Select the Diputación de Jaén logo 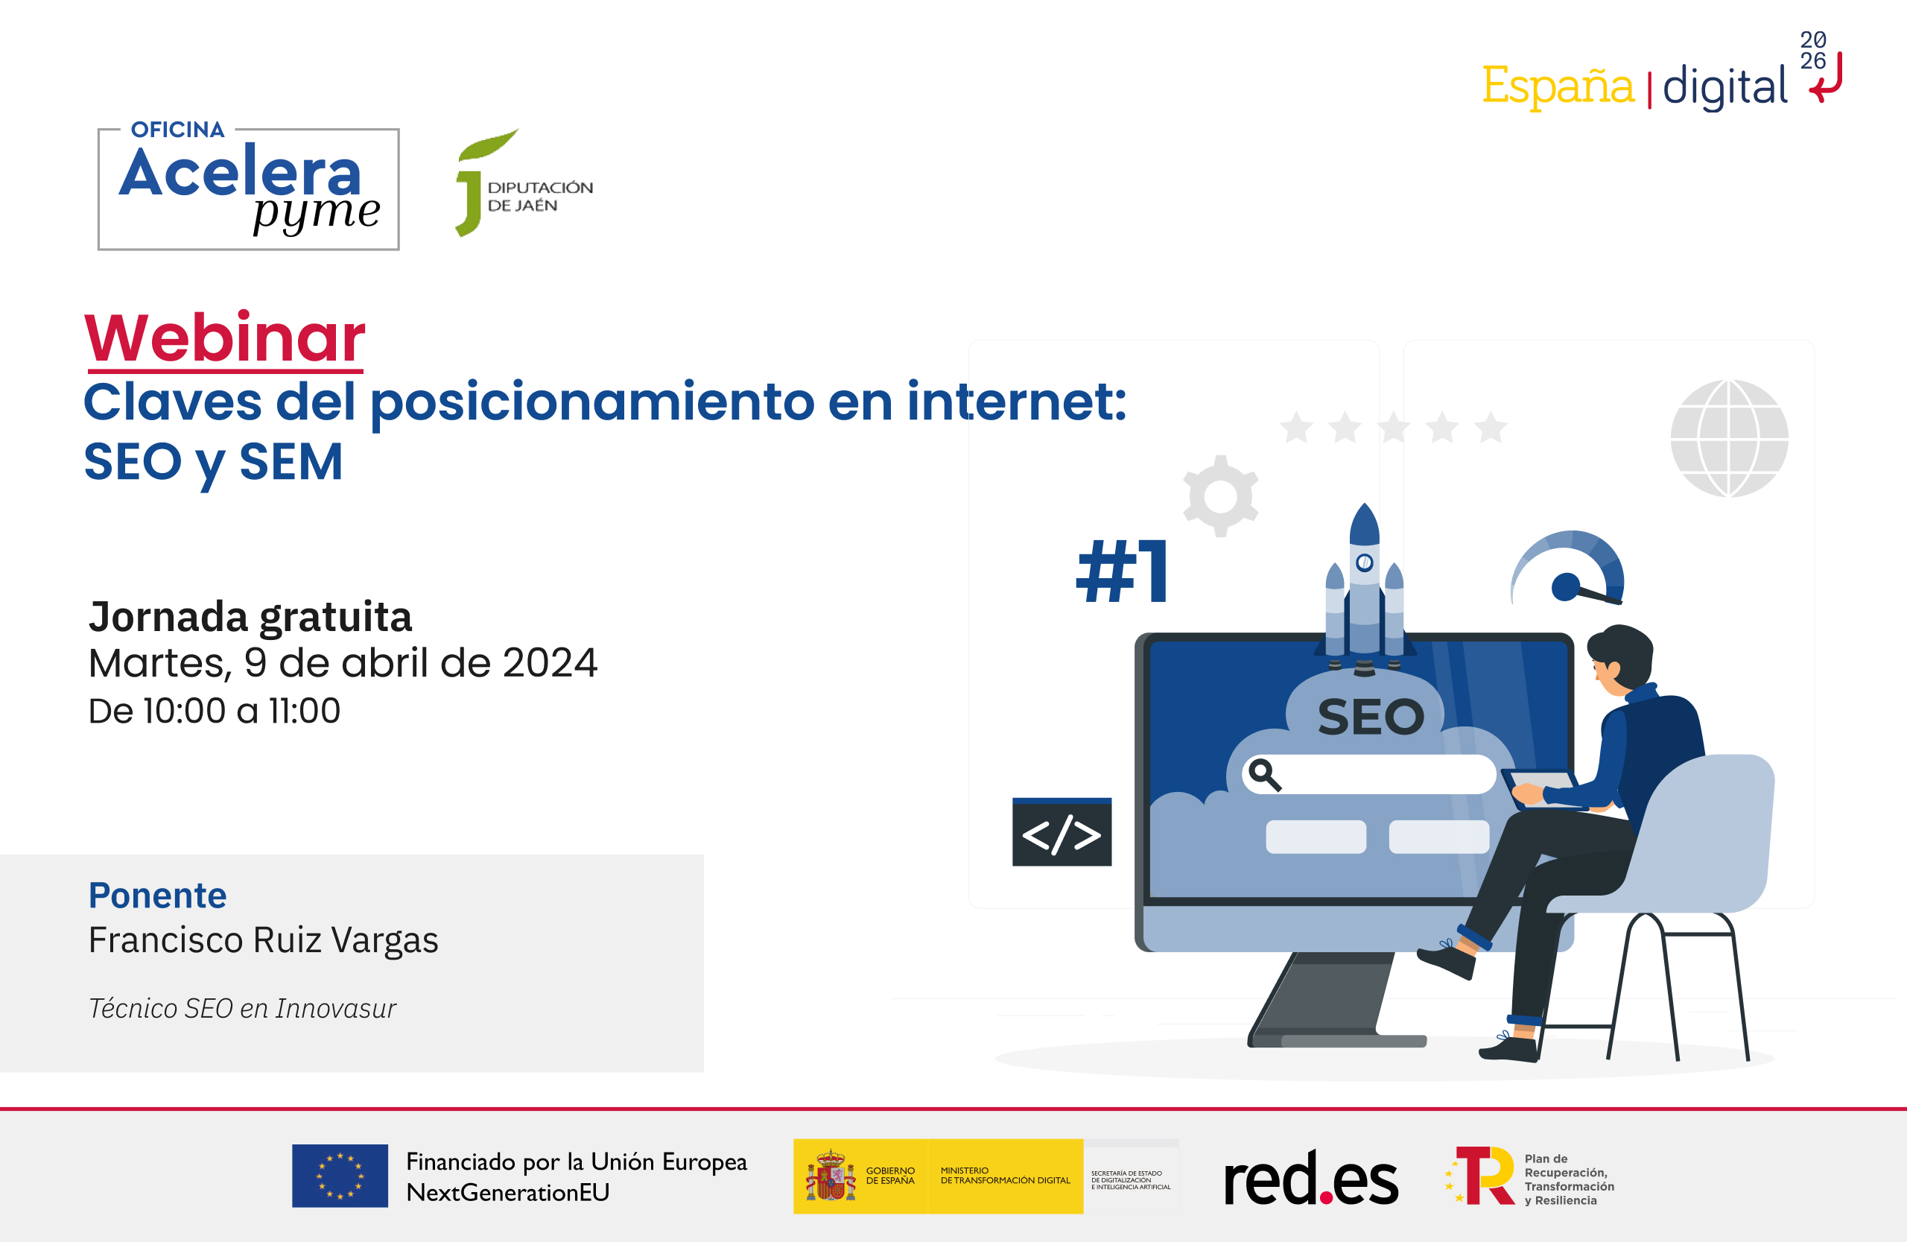pos(524,183)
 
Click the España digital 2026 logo pos(1662,72)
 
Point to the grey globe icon pos(1729,437)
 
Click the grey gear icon pos(1220,496)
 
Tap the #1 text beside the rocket pos(1122,571)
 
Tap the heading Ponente pos(158,895)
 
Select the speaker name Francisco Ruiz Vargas pos(264,941)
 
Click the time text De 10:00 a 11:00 pos(215,711)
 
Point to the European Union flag pos(340,1176)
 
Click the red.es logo pos(1312,1177)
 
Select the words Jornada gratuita pos(250,617)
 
